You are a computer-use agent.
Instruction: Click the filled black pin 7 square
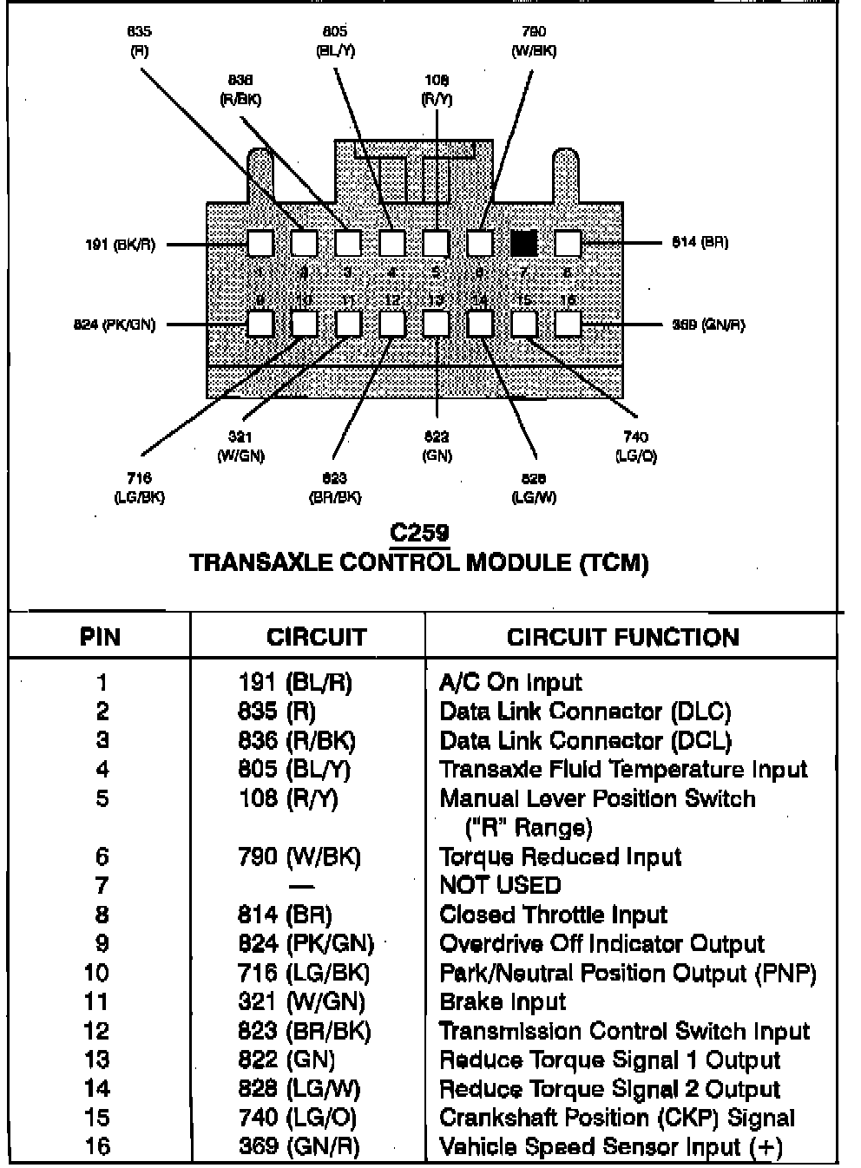[x=523, y=243]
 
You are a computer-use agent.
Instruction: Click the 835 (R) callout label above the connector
[x=139, y=41]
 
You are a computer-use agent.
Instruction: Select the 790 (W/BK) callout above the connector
[x=534, y=41]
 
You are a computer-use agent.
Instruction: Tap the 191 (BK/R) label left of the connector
[x=121, y=245]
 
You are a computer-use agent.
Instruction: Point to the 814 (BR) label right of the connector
[x=700, y=242]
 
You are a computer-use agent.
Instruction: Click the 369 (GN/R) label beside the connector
[x=708, y=325]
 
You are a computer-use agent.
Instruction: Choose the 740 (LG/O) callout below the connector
[x=635, y=446]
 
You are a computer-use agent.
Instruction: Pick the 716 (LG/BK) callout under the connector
[x=139, y=488]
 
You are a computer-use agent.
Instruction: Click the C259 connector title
[x=420, y=532]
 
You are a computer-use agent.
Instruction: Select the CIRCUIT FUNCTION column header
[x=623, y=638]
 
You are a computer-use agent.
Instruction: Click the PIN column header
[x=100, y=638]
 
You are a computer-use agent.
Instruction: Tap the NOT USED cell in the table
[x=501, y=886]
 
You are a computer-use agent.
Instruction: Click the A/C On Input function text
[x=510, y=683]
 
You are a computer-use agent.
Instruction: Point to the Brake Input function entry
[x=503, y=1002]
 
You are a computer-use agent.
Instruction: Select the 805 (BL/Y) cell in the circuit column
[x=295, y=770]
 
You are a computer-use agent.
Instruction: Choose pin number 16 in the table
[x=97, y=1147]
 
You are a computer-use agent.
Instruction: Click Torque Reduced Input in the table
[x=560, y=857]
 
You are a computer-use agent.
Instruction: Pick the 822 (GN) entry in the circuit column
[x=286, y=1060]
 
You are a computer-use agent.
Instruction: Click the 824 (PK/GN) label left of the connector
[x=115, y=325]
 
